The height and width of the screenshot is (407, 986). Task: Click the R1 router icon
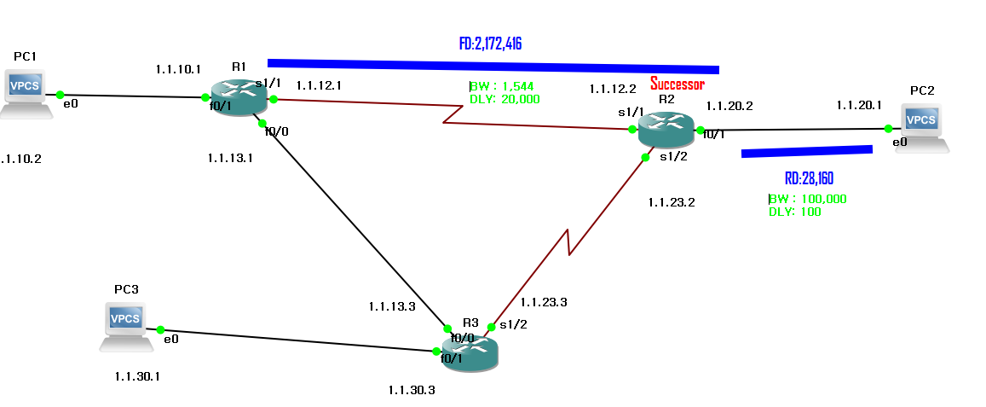239,97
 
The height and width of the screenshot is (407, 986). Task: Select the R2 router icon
666,129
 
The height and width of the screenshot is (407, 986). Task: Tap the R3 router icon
470,352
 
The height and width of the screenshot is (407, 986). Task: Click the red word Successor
678,84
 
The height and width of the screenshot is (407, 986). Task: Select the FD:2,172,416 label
490,44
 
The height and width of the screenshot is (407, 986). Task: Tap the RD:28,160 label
809,179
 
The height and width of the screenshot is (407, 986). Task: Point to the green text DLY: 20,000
505,99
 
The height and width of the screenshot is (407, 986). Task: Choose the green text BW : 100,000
808,199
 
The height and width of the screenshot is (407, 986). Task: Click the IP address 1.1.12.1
319,85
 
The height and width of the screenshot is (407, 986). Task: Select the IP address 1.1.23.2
672,202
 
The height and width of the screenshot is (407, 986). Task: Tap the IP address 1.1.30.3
412,390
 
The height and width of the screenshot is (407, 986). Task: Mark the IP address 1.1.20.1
859,105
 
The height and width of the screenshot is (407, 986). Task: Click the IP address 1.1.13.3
392,306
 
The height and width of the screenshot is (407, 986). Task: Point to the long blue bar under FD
493,66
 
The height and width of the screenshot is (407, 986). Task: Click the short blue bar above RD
807,152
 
